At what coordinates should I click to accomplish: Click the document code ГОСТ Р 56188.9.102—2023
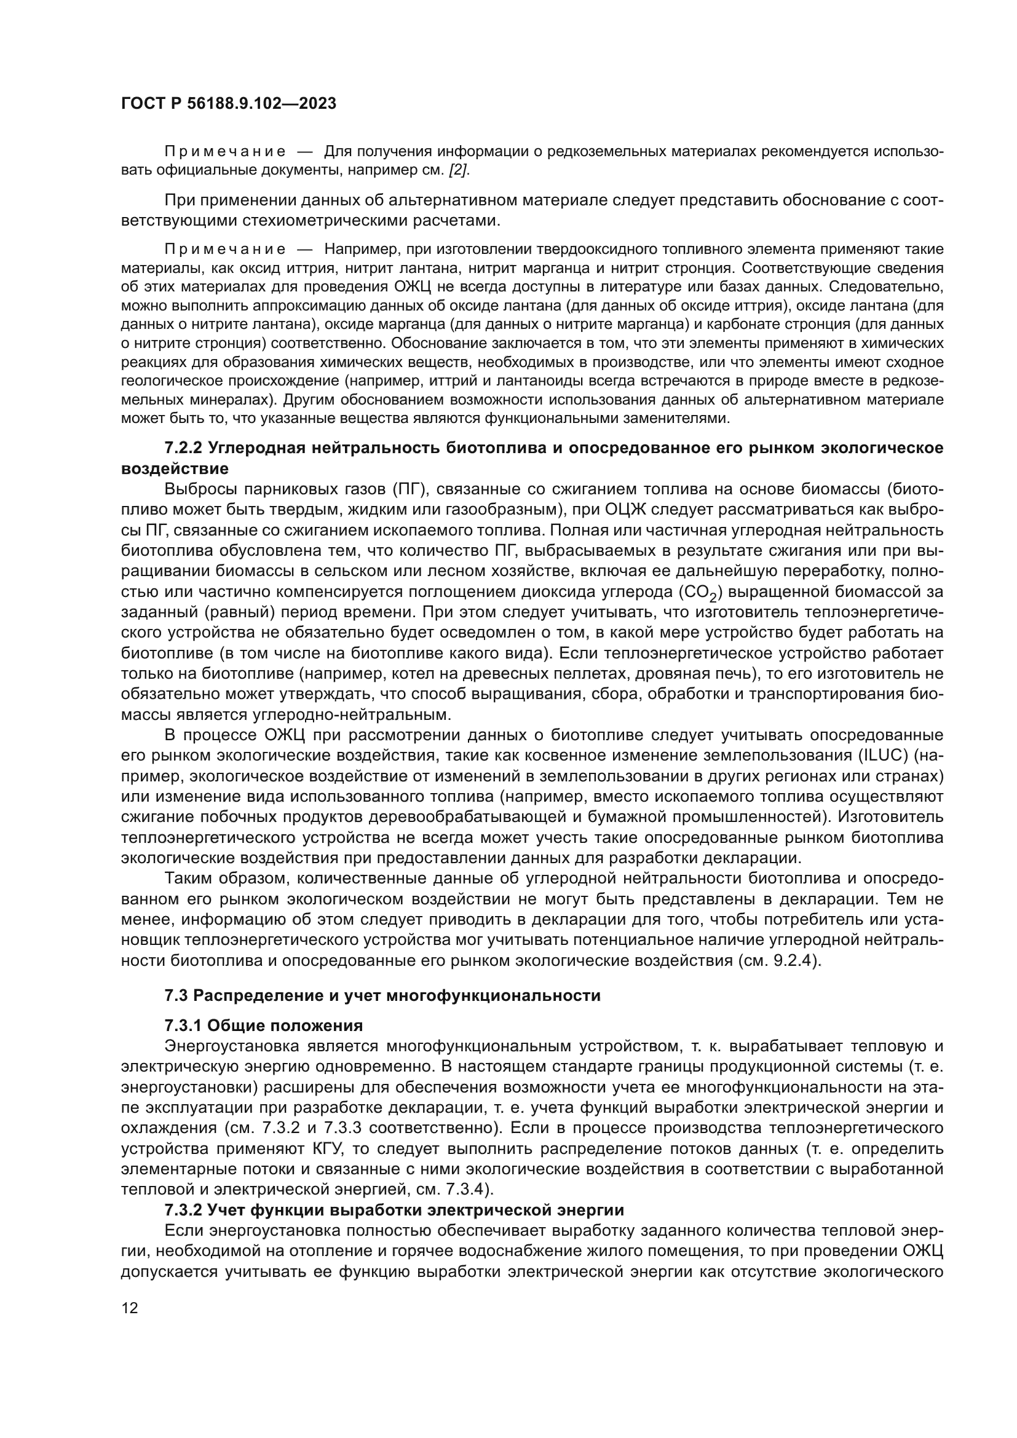click(x=229, y=103)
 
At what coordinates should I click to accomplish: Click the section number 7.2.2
click(x=183, y=448)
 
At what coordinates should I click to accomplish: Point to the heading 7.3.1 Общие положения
click(x=264, y=1025)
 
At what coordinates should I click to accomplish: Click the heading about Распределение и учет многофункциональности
click(x=382, y=995)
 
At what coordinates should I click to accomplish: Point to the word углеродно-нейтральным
click(x=350, y=714)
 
